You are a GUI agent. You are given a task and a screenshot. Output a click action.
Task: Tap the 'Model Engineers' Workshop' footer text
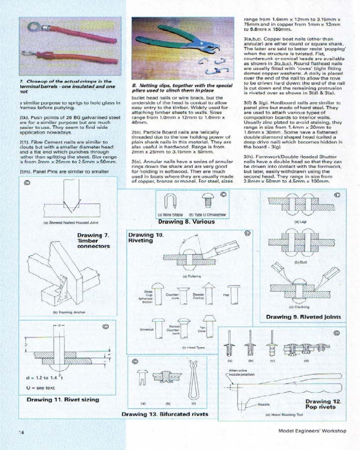click(312, 431)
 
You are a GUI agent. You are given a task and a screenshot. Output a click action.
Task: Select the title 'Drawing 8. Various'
click(186, 221)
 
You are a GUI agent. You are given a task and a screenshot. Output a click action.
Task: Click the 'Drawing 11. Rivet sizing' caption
click(63, 399)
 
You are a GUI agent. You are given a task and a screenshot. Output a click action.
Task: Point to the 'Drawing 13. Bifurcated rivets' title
click(165, 414)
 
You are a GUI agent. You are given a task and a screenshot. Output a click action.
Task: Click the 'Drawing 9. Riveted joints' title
click(303, 317)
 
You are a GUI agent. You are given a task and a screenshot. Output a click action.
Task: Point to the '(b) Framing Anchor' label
click(67, 312)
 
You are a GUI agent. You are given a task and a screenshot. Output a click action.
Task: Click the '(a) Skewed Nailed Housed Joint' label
click(67, 222)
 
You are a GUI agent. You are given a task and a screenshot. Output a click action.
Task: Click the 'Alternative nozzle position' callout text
click(238, 372)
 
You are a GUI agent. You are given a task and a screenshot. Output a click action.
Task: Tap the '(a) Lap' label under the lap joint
click(297, 222)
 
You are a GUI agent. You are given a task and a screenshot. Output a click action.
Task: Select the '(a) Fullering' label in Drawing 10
click(191, 275)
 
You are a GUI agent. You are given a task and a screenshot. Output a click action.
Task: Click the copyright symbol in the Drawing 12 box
click(337, 333)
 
